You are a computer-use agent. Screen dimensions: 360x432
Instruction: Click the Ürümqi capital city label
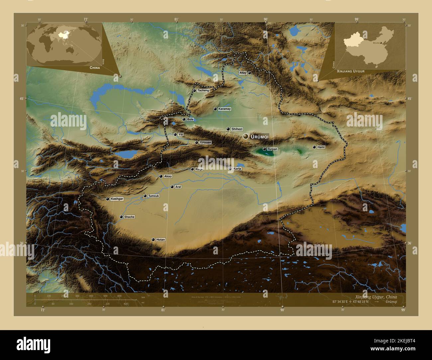click(260, 137)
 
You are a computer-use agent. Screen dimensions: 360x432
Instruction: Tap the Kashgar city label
click(117, 199)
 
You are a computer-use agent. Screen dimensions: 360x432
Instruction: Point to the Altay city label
click(243, 73)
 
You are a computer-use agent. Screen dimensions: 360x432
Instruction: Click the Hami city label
click(321, 147)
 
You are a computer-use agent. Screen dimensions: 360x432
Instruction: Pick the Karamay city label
click(225, 109)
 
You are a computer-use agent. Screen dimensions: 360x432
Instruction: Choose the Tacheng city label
click(203, 90)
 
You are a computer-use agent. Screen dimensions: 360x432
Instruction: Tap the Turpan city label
click(272, 149)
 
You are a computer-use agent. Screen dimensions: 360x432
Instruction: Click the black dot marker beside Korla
click(230, 169)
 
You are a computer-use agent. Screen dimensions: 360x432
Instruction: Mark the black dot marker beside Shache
click(121, 217)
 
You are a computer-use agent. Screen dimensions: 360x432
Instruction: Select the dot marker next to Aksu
click(161, 176)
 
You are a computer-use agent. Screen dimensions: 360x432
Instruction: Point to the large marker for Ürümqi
click(246, 136)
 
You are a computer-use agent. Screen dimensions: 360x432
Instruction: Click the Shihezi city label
click(237, 129)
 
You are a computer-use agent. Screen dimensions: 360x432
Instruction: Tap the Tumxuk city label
click(154, 196)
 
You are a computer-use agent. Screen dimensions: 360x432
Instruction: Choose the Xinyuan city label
click(205, 142)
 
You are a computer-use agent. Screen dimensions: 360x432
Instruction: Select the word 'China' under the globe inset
click(95, 67)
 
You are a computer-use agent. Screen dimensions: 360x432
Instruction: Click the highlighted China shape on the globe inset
click(61, 34)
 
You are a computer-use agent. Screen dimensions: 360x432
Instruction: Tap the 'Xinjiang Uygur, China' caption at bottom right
click(376, 297)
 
